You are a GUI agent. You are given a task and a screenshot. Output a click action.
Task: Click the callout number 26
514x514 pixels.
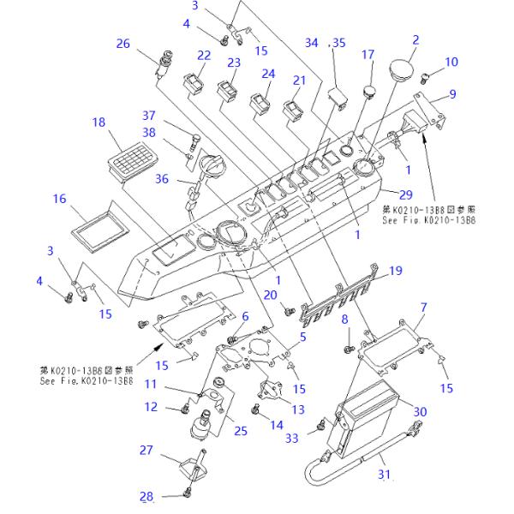tap(123, 44)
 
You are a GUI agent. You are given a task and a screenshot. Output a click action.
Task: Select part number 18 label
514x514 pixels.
tap(99, 123)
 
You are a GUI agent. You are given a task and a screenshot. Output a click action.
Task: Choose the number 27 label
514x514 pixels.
tap(146, 450)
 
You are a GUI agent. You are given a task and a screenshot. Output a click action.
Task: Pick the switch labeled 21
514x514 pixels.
tap(293, 107)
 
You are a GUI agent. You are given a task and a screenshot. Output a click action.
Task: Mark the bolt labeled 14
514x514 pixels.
tap(256, 420)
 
